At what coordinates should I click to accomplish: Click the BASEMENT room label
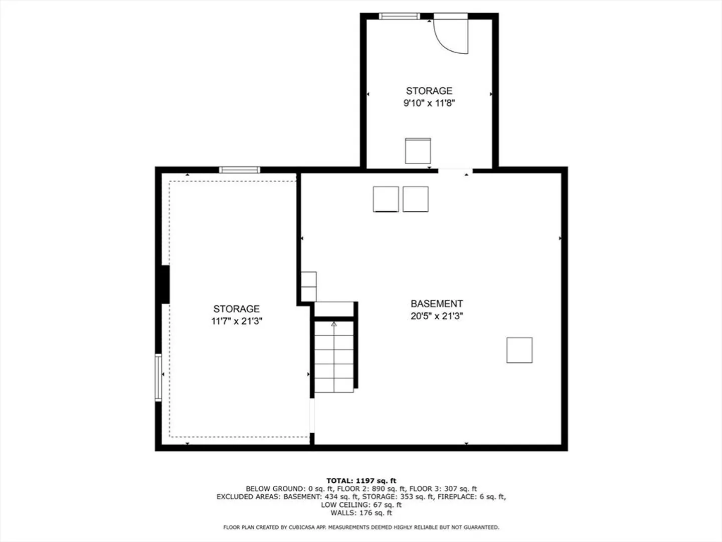point(437,304)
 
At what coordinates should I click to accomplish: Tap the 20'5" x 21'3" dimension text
point(437,316)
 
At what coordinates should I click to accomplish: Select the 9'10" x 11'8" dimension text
point(429,103)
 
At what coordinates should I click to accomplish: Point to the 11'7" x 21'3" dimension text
point(237,321)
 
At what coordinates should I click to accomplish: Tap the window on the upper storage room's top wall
point(399,16)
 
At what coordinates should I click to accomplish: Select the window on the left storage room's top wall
point(240,170)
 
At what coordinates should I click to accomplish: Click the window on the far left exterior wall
point(158,377)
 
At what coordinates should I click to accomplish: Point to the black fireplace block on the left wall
point(165,285)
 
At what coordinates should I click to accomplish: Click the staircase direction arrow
point(334,324)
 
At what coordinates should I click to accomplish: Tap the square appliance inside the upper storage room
point(418,151)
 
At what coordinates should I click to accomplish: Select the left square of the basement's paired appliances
point(386,199)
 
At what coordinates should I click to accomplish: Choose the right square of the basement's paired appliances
point(416,199)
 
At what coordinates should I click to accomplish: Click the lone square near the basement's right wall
point(519,350)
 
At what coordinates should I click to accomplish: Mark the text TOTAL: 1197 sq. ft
point(361,481)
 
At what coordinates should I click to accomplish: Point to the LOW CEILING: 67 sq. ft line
point(361,505)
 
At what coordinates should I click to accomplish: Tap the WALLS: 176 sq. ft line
point(361,513)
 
